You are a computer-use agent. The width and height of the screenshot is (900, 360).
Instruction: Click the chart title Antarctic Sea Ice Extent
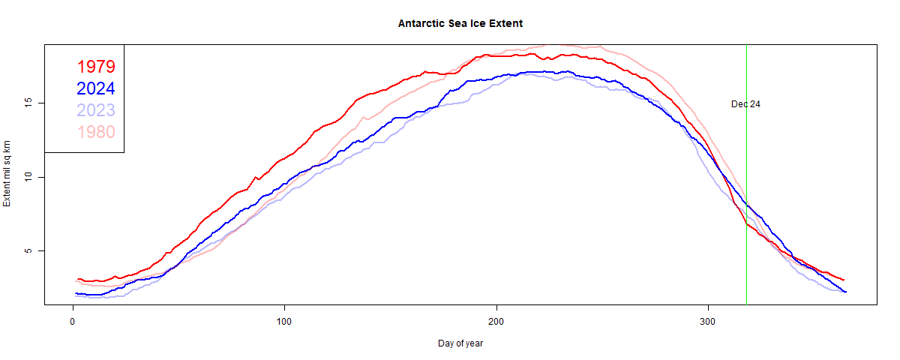(x=460, y=23)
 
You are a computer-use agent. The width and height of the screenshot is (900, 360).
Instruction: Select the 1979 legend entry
(x=95, y=66)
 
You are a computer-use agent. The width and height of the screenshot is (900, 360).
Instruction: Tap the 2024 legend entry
(x=95, y=88)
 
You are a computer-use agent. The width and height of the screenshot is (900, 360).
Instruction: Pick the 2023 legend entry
(x=95, y=110)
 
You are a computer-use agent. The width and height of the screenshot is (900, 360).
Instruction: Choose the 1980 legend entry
(x=95, y=133)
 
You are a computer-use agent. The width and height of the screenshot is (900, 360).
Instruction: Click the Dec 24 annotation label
(x=745, y=104)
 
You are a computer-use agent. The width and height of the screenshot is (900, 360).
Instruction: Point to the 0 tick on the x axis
(x=73, y=322)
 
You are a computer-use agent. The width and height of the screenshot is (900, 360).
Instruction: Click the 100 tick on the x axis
(x=284, y=322)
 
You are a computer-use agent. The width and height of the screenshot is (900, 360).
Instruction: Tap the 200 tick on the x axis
(x=496, y=322)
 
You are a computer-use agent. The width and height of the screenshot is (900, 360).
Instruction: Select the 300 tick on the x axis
(x=709, y=322)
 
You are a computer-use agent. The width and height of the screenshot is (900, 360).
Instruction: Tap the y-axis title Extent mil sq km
(x=7, y=173)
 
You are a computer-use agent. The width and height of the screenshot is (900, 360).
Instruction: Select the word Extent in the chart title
(x=506, y=23)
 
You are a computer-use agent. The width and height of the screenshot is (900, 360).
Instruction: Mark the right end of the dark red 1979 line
(x=844, y=280)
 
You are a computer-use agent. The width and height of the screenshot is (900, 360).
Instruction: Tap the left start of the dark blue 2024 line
(x=76, y=293)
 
